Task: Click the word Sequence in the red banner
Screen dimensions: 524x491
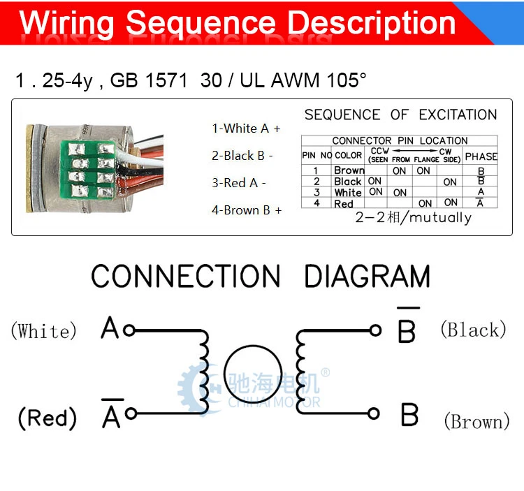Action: pos(201,23)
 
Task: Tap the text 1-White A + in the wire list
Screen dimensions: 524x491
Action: pos(246,129)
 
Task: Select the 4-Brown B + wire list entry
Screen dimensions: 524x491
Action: pos(247,210)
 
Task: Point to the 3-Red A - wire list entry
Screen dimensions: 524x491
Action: pos(239,183)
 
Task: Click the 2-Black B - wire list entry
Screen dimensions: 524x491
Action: pos(242,156)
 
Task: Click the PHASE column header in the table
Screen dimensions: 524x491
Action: pos(481,156)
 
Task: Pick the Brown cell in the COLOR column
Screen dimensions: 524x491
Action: pos(349,170)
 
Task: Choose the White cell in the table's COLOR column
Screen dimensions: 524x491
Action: pos(348,193)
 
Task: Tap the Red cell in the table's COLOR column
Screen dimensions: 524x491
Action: pos(344,204)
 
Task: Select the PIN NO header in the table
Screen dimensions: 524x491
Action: pos(316,155)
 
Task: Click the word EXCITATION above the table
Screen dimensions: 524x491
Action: pos(458,115)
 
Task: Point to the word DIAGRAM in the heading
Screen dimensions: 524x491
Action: pos(367,276)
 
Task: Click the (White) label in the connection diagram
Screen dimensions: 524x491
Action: pos(44,331)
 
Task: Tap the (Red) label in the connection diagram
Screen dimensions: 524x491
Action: pos(47,418)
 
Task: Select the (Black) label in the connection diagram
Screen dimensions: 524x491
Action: pos(473,330)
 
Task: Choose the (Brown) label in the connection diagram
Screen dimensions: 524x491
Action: pos(477,421)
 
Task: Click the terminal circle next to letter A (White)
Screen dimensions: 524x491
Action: pos(129,330)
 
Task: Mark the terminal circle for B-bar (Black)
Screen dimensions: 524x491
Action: pos(375,330)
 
